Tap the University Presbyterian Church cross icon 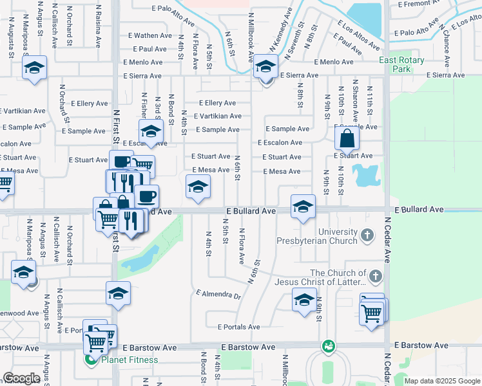coord(367,236)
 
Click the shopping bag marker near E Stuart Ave coord(347,138)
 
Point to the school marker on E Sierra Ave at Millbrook coord(265,67)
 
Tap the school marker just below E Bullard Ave coord(303,207)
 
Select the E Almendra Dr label coord(218,296)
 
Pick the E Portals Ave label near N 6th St coord(238,327)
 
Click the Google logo coord(23,378)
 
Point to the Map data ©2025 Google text coord(441,381)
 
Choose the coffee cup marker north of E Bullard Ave coord(146,196)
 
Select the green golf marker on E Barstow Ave coord(329,346)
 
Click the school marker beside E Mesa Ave coord(198,188)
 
